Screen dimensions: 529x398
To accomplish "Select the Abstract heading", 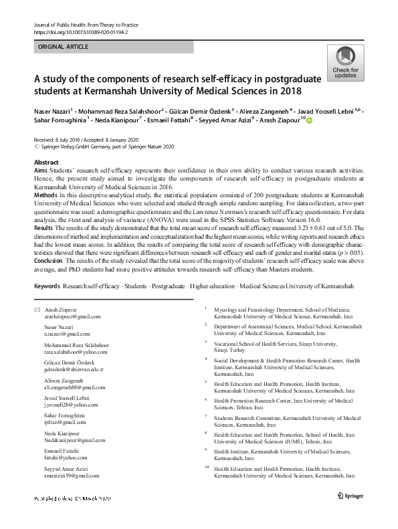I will click(45, 163).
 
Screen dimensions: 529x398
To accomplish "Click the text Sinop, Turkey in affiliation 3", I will click(229, 349).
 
